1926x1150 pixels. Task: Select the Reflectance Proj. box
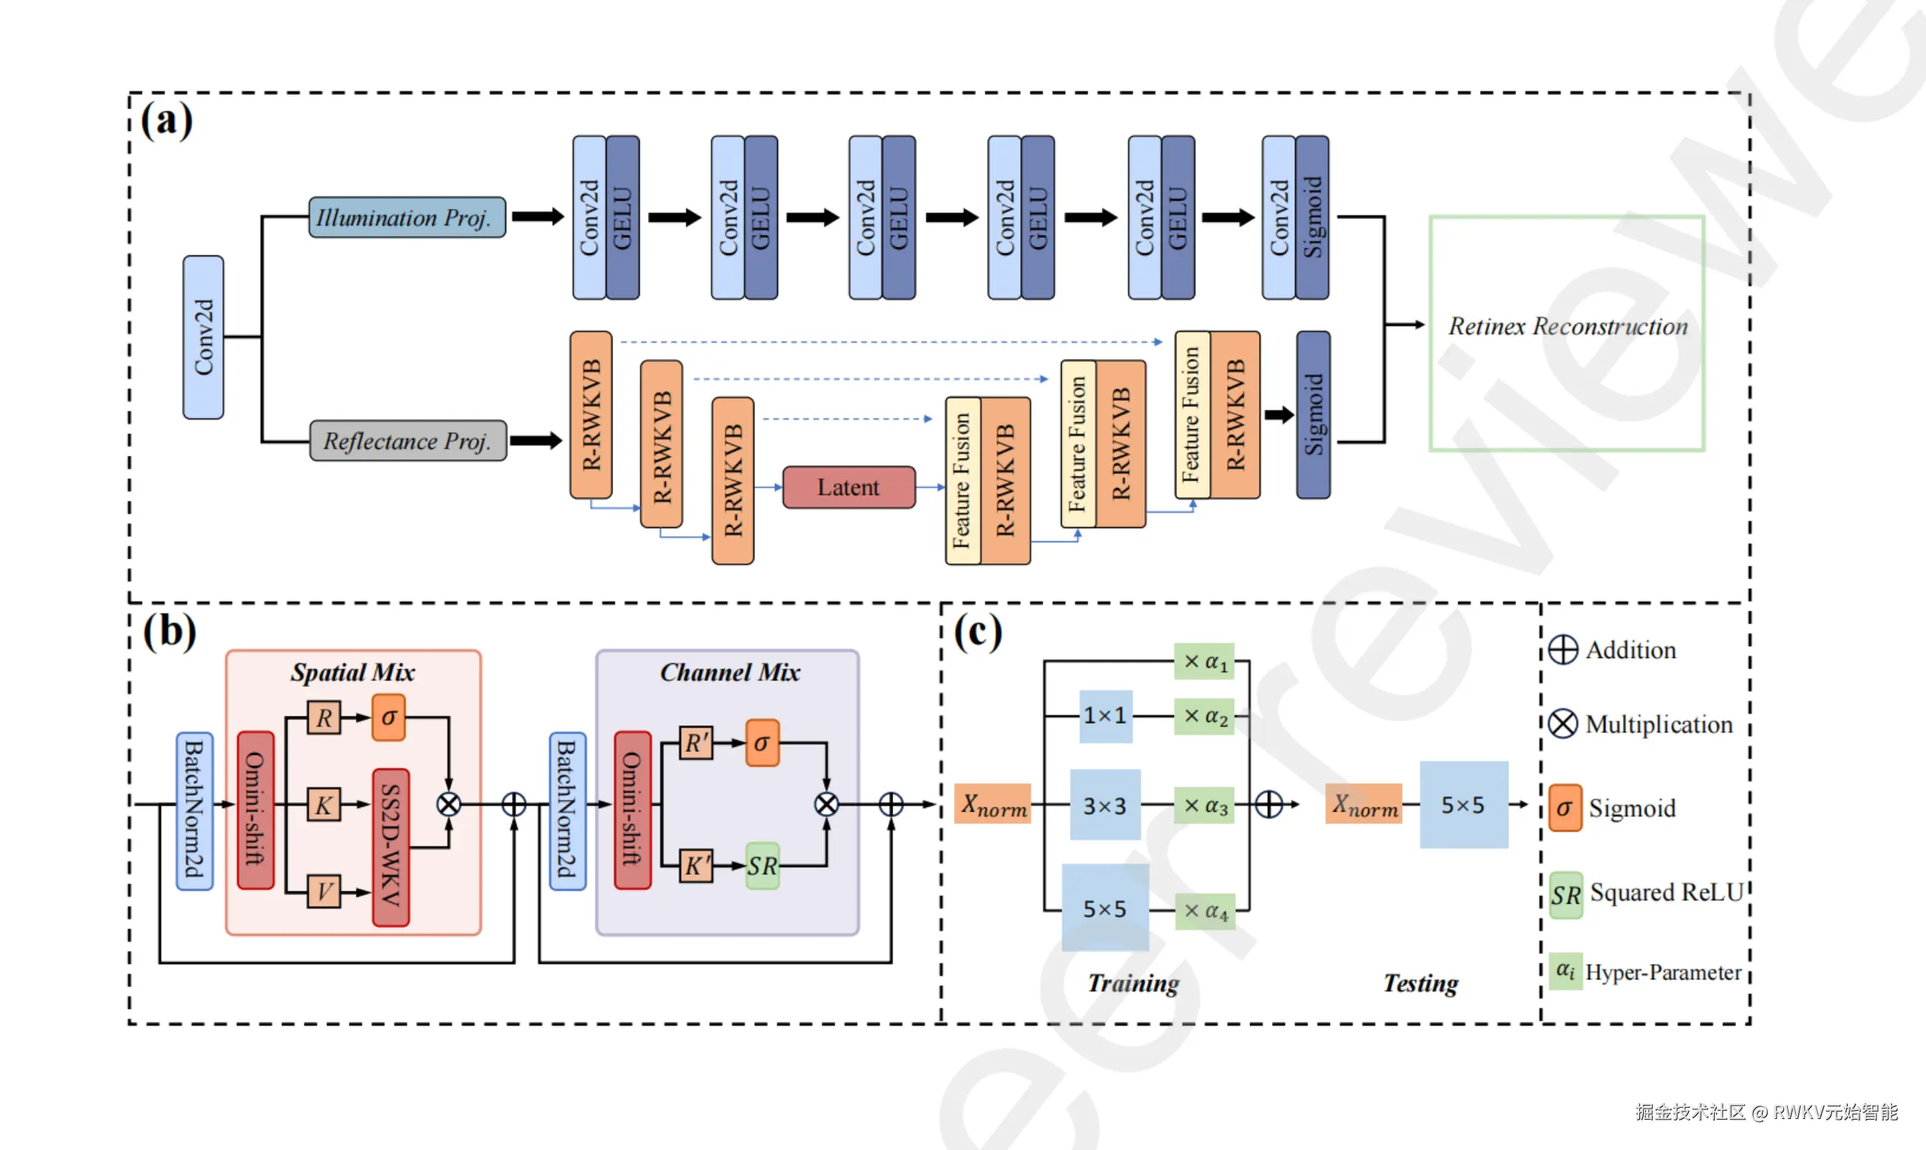pyautogui.click(x=408, y=441)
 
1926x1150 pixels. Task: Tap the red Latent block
pyautogui.click(x=849, y=487)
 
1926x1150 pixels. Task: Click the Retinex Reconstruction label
pyautogui.click(x=1567, y=326)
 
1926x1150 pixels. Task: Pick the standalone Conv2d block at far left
pyautogui.click(x=203, y=337)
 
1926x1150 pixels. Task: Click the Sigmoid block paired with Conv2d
pyautogui.click(x=1312, y=218)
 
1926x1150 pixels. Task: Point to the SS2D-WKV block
pyautogui.click(x=391, y=847)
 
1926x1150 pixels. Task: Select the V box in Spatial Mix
pyautogui.click(x=324, y=892)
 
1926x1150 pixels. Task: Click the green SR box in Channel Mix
pyautogui.click(x=762, y=866)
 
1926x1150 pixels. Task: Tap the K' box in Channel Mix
pyautogui.click(x=695, y=866)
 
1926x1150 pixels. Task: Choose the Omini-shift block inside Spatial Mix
pyautogui.click(x=255, y=809)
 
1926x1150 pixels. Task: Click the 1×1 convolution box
pyautogui.click(x=1105, y=716)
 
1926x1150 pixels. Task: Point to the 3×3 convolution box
pyautogui.click(x=1104, y=806)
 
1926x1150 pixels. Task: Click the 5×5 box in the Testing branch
pyautogui.click(x=1464, y=805)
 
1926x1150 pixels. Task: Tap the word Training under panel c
pyautogui.click(x=1133, y=983)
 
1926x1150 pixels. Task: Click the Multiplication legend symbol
pyautogui.click(x=1563, y=724)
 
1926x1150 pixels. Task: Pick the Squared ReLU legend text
pyautogui.click(x=1667, y=893)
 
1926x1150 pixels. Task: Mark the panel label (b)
pyautogui.click(x=169, y=631)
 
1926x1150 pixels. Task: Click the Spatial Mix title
pyautogui.click(x=352, y=672)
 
